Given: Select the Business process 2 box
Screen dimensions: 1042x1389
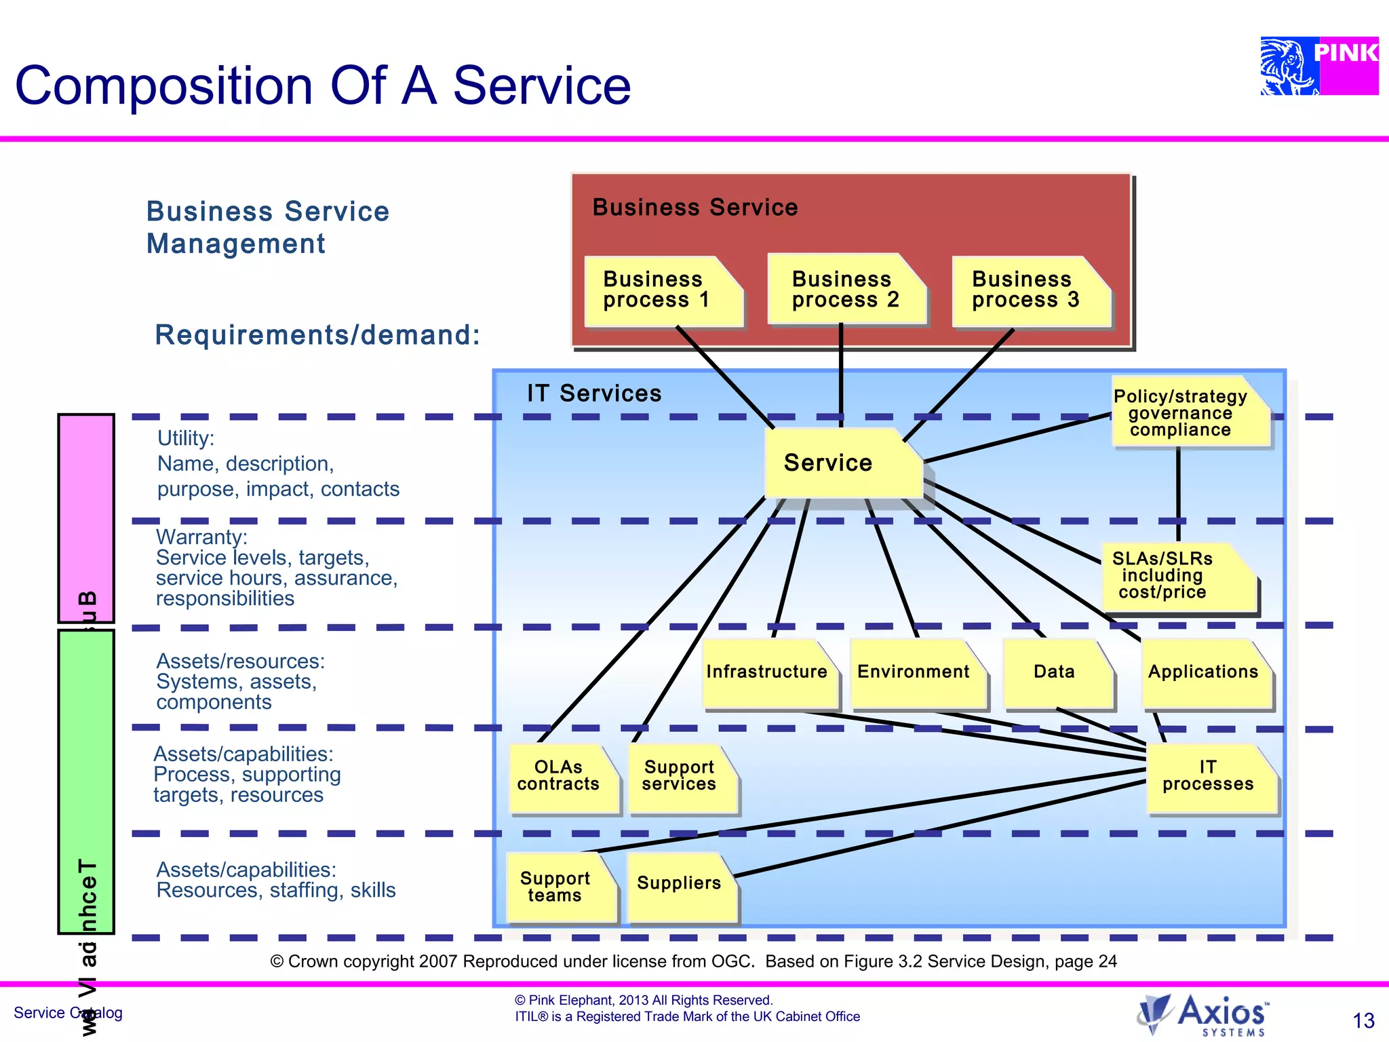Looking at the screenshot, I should [x=846, y=290].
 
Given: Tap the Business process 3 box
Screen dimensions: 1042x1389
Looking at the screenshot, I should [x=1030, y=291].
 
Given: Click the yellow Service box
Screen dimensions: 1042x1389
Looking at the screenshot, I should [x=841, y=463].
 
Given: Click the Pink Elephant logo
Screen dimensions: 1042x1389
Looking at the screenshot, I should [x=1318, y=66].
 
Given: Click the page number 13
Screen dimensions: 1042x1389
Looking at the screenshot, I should [x=1363, y=1020].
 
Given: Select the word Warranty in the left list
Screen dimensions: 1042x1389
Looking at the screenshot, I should [x=200, y=537].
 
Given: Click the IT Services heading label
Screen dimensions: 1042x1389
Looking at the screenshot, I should [x=594, y=393].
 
